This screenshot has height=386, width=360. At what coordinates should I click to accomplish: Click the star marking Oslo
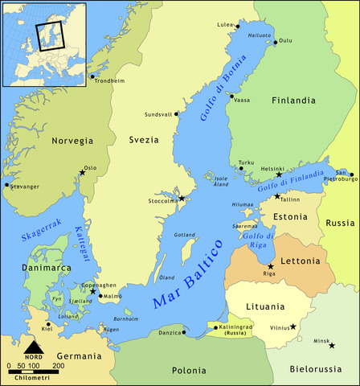point(82,171)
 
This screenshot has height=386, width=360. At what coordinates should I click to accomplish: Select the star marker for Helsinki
point(279,175)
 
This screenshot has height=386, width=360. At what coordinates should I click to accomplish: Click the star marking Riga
point(270,266)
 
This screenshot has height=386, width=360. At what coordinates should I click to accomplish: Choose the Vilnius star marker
point(293,326)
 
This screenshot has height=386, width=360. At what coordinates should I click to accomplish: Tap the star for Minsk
point(332,346)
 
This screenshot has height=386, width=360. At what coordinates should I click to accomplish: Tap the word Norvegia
point(72,141)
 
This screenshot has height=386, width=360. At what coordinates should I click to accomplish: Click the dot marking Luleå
point(237,26)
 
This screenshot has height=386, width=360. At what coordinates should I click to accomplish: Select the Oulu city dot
point(275,42)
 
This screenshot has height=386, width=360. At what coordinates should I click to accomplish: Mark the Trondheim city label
point(109,80)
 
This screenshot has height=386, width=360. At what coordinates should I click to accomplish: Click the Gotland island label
point(185,235)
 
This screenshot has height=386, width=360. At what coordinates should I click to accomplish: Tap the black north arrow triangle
point(34,347)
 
